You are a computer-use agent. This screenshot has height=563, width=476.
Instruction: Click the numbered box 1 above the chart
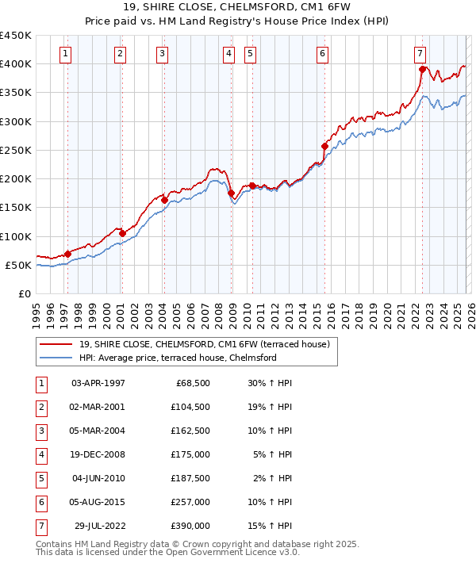pyautogui.click(x=64, y=54)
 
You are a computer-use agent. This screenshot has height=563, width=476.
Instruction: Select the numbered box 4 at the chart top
pyautogui.click(x=228, y=54)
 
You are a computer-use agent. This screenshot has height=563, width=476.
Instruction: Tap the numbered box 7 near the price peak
pyautogui.click(x=419, y=54)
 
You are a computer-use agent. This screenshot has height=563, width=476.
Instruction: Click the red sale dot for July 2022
pyautogui.click(x=423, y=69)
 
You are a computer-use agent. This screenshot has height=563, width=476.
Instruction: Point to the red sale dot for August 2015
pyautogui.click(x=324, y=146)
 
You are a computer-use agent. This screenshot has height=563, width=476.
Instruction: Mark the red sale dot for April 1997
pyautogui.click(x=67, y=254)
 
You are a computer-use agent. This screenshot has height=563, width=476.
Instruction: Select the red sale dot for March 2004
pyautogui.click(x=164, y=200)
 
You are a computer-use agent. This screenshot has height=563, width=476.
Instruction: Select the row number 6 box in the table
pyautogui.click(x=40, y=503)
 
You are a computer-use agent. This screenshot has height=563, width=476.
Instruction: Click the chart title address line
pyautogui.click(x=237, y=8)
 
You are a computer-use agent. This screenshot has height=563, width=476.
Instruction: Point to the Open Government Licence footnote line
pyautogui.click(x=167, y=553)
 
